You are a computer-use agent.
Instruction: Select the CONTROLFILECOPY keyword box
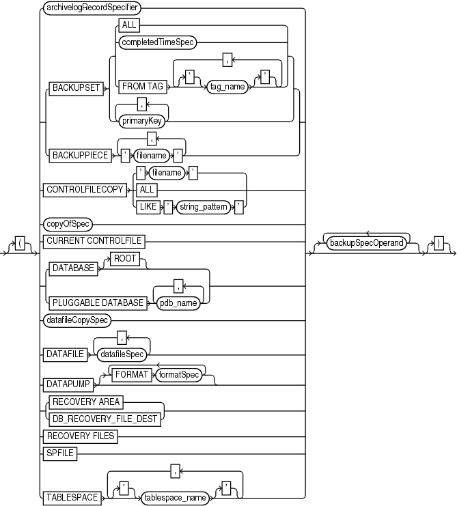[x=85, y=189]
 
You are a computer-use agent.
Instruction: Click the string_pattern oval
[x=204, y=205]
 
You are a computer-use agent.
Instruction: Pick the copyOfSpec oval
[x=68, y=223]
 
